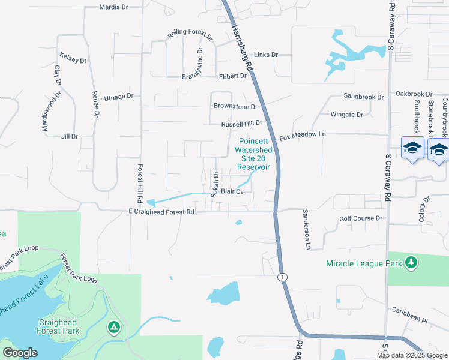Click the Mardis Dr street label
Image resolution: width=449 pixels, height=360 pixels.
pyautogui.click(x=113, y=8)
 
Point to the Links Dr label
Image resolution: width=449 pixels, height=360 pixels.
pyautogui.click(x=266, y=55)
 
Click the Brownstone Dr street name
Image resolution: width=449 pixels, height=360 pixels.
pyautogui.click(x=235, y=106)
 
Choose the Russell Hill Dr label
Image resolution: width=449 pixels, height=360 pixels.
pyautogui.click(x=242, y=124)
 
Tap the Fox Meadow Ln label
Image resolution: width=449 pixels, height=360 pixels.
pyautogui.click(x=302, y=136)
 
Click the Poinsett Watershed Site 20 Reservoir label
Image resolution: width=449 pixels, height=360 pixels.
pyautogui.click(x=252, y=150)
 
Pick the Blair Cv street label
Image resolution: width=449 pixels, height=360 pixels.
pyautogui.click(x=232, y=192)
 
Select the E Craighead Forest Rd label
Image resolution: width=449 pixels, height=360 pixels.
pyautogui.click(x=161, y=212)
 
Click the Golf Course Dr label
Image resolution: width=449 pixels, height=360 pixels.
pyautogui.click(x=361, y=219)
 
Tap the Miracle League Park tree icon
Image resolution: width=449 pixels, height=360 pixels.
pyautogui.click(x=411, y=262)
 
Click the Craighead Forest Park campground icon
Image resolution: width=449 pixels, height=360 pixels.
pyautogui.click(x=113, y=327)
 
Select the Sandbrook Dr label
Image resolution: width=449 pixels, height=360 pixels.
pyautogui.click(x=364, y=96)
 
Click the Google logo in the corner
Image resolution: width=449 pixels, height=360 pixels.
pyautogui.click(x=20, y=353)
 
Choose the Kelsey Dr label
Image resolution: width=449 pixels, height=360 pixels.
pyautogui.click(x=73, y=58)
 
